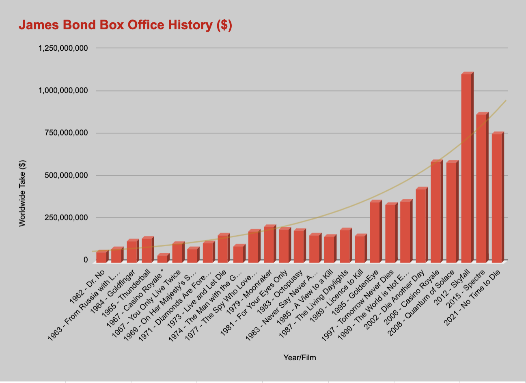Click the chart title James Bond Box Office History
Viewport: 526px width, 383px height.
coord(125,25)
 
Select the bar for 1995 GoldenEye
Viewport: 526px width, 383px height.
coord(375,231)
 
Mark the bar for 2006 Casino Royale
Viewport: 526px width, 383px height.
coord(435,211)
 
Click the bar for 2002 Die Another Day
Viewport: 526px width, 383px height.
coord(420,225)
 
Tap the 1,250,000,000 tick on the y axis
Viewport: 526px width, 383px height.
coord(63,48)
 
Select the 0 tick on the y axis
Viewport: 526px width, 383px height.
coord(86,260)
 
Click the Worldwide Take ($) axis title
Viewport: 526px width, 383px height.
coord(22,193)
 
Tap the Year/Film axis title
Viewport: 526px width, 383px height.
coord(300,358)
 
